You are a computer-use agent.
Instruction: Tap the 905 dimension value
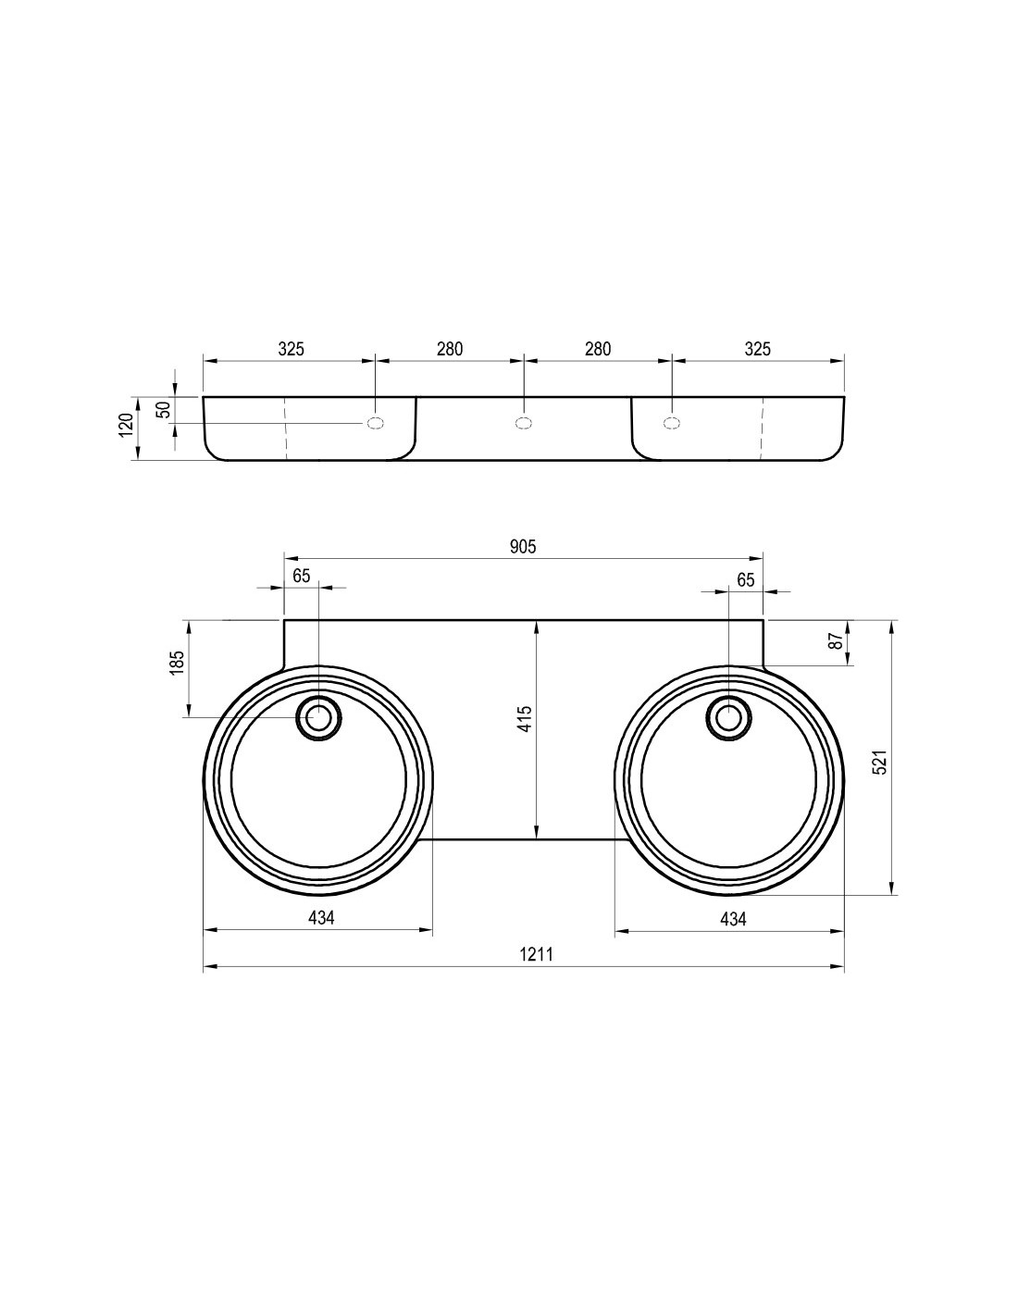tap(523, 547)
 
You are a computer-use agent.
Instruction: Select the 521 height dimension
tap(879, 762)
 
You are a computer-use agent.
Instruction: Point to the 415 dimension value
tap(525, 718)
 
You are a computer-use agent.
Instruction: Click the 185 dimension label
tap(176, 664)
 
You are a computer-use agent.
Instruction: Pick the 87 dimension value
tap(837, 640)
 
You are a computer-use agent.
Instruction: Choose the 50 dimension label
tap(164, 409)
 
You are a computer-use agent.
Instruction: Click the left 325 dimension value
tap(291, 350)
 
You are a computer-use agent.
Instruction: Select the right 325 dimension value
tap(757, 350)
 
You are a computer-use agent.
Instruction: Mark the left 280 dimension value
tap(450, 350)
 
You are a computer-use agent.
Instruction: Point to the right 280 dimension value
tap(598, 350)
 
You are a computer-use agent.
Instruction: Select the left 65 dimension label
tap(302, 576)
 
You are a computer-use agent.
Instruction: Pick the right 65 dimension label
tap(746, 580)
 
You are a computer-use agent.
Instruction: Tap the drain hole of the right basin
tap(728, 717)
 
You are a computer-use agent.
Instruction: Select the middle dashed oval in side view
tap(524, 423)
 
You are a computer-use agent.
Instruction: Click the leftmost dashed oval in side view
tap(376, 423)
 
